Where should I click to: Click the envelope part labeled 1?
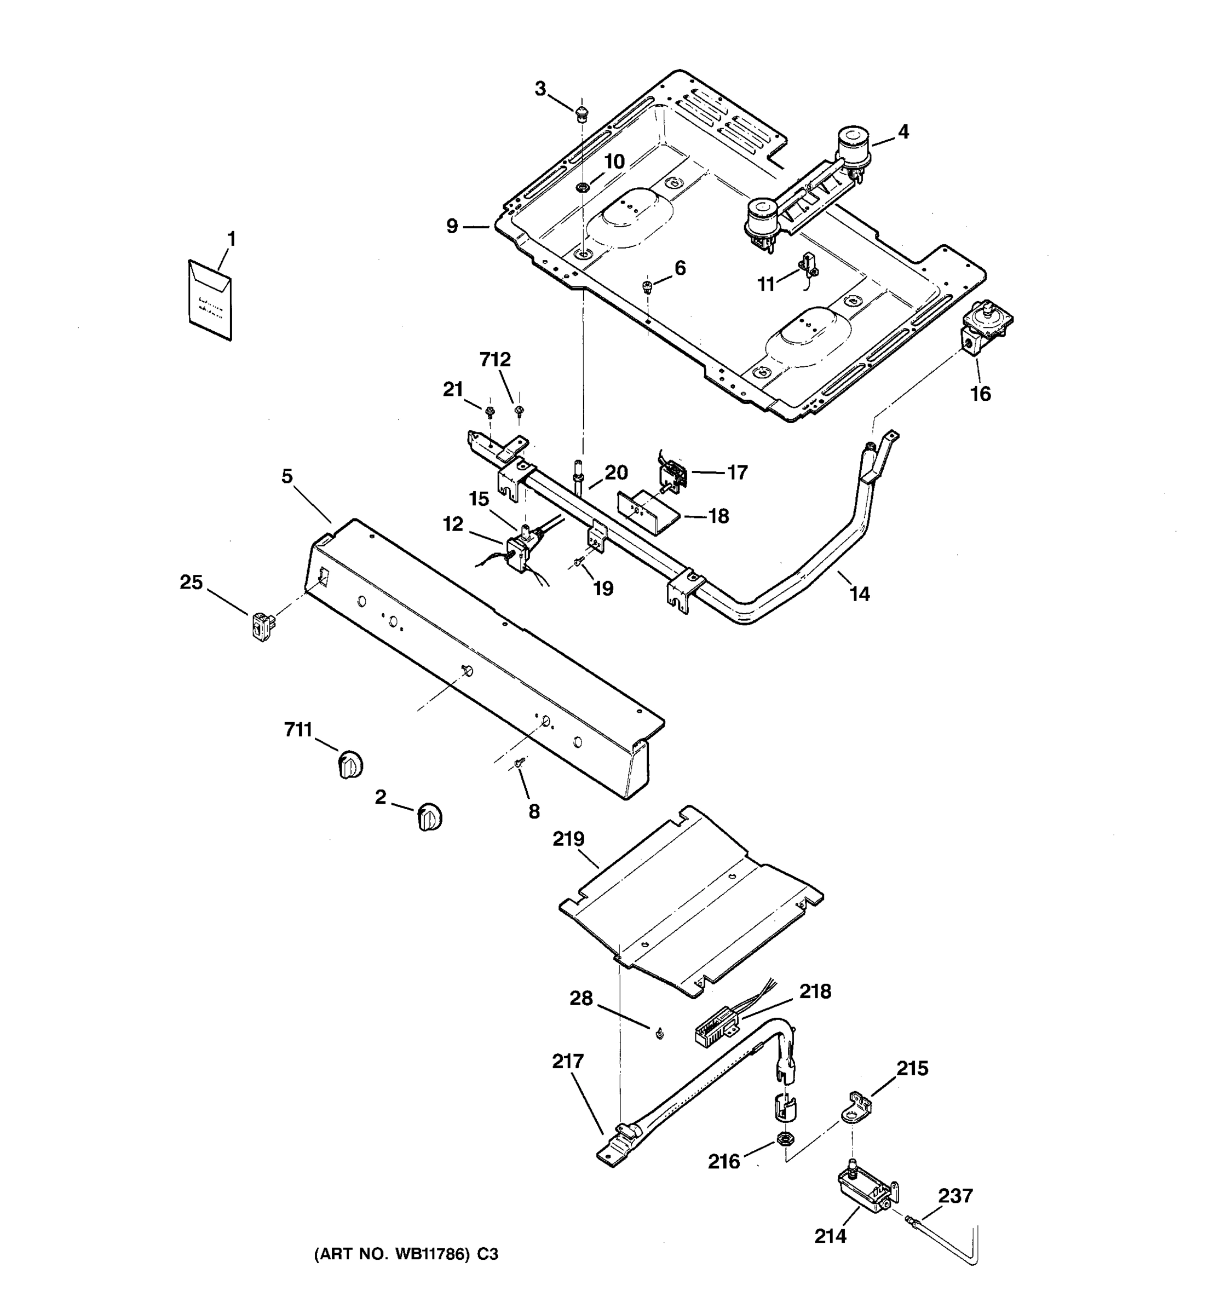point(210,299)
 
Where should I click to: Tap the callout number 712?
point(495,360)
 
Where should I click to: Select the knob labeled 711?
point(350,765)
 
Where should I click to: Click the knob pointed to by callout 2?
point(430,817)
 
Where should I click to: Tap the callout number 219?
point(568,839)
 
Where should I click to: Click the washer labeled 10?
point(582,187)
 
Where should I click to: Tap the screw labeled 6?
point(647,286)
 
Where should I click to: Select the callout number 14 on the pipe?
point(859,594)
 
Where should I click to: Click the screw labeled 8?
point(519,763)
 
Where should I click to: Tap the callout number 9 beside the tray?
point(451,227)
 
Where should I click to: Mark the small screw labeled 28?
point(659,1033)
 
